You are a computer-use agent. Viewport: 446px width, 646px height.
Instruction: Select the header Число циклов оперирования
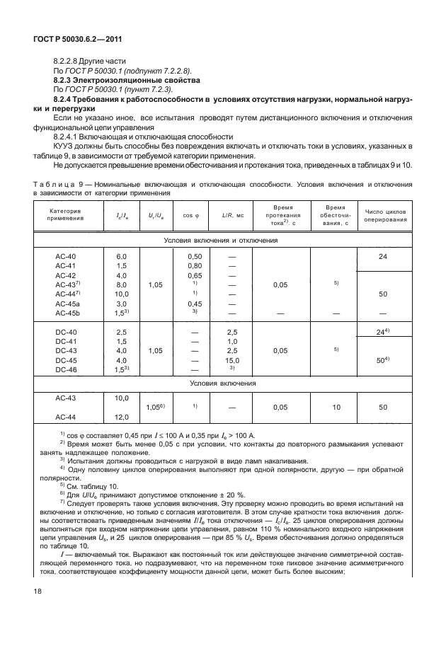[386, 215]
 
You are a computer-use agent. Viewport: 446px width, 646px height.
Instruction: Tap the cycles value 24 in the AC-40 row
[383, 257]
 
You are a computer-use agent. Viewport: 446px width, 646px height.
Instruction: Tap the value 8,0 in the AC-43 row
[121, 284]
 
